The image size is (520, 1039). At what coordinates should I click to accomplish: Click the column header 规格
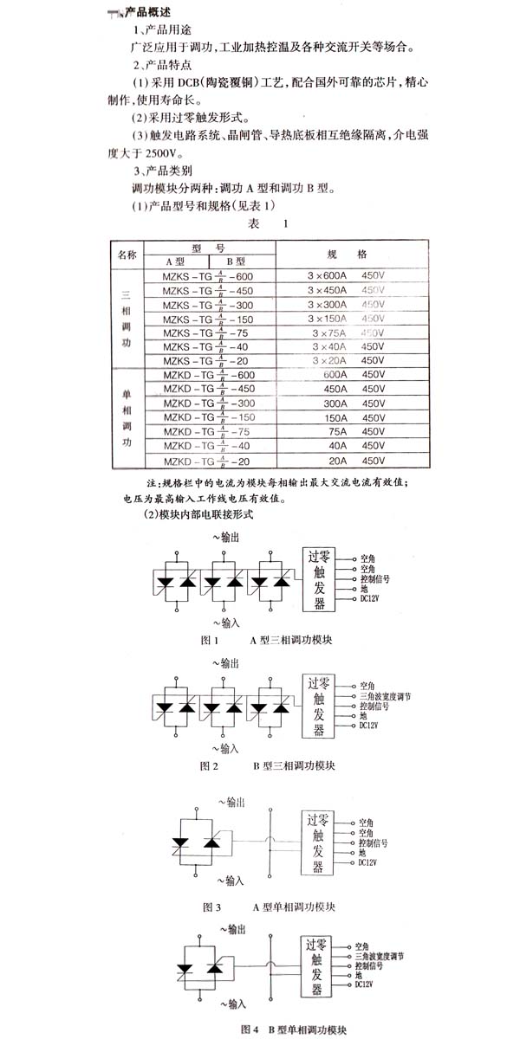[x=349, y=255]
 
